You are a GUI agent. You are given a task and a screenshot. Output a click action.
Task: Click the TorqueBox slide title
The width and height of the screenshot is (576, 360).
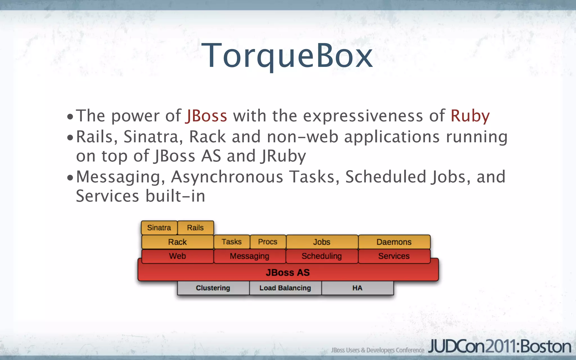coord(287,55)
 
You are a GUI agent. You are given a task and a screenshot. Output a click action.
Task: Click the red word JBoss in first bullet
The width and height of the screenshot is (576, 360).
coord(206,116)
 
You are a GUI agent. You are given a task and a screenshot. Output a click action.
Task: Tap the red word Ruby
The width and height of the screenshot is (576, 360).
coord(470,116)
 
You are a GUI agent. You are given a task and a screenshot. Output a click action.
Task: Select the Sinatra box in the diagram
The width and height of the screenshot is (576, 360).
coord(159,228)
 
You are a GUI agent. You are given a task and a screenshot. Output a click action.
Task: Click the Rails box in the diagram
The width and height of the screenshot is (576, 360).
coord(195,228)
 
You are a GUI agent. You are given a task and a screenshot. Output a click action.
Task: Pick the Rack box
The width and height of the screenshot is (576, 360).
coord(177,242)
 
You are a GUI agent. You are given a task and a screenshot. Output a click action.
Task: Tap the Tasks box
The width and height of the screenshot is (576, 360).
coord(232,242)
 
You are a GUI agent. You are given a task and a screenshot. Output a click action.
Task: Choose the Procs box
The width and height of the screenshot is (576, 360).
coord(268,242)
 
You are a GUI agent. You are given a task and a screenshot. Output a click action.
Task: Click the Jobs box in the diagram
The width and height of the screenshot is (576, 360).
coord(322,242)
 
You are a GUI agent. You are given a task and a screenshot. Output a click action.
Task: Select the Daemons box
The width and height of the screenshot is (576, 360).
coord(394,242)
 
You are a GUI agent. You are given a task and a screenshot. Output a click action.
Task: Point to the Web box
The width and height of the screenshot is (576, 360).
coord(177,256)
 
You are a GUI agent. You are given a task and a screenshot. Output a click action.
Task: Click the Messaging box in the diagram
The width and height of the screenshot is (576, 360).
coord(249,256)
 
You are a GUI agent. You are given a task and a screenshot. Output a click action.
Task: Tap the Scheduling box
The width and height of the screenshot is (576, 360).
coord(322,256)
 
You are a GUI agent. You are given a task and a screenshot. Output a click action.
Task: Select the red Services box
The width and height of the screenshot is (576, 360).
coord(394,256)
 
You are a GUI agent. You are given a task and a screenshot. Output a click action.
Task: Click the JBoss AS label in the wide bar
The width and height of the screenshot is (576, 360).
coord(288,272)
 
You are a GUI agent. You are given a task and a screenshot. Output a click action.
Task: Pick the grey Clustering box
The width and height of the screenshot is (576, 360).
coord(213,288)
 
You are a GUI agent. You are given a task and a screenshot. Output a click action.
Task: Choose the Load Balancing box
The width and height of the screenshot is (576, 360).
coord(285,288)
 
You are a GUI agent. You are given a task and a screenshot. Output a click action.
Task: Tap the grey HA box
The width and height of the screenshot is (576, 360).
coord(357,288)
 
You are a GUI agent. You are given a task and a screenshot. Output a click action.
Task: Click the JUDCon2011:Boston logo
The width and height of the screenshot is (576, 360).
coord(499,346)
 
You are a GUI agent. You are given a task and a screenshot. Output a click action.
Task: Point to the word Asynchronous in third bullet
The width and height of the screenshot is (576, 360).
coord(227,177)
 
